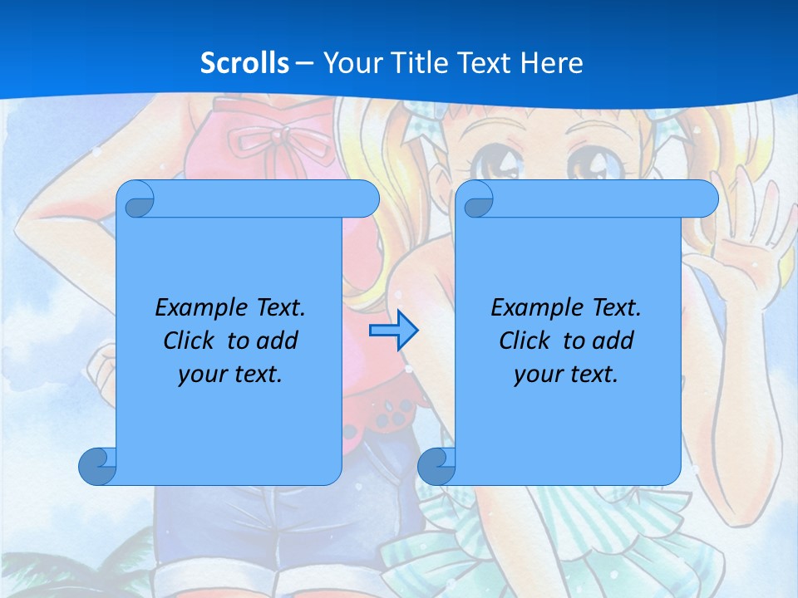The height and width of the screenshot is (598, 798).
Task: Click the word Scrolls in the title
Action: [x=245, y=63]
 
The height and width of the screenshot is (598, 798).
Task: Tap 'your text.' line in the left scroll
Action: [x=230, y=374]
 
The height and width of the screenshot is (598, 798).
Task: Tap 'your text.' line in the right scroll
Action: [x=566, y=374]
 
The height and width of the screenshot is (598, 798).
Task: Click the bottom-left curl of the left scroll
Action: [x=97, y=466]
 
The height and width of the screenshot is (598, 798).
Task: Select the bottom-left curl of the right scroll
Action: [x=436, y=466]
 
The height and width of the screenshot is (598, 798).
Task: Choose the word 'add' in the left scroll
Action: [x=278, y=341]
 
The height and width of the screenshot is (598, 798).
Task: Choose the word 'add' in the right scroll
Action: [x=614, y=341]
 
